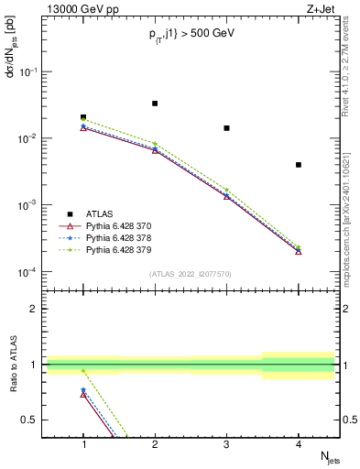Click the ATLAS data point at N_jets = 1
pos(83,117)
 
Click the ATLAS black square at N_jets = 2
pos(155,104)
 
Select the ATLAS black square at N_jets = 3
pos(226,128)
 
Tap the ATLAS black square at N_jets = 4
pos(299,165)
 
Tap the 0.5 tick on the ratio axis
pos(34,420)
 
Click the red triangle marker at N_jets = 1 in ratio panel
pos(83,394)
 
